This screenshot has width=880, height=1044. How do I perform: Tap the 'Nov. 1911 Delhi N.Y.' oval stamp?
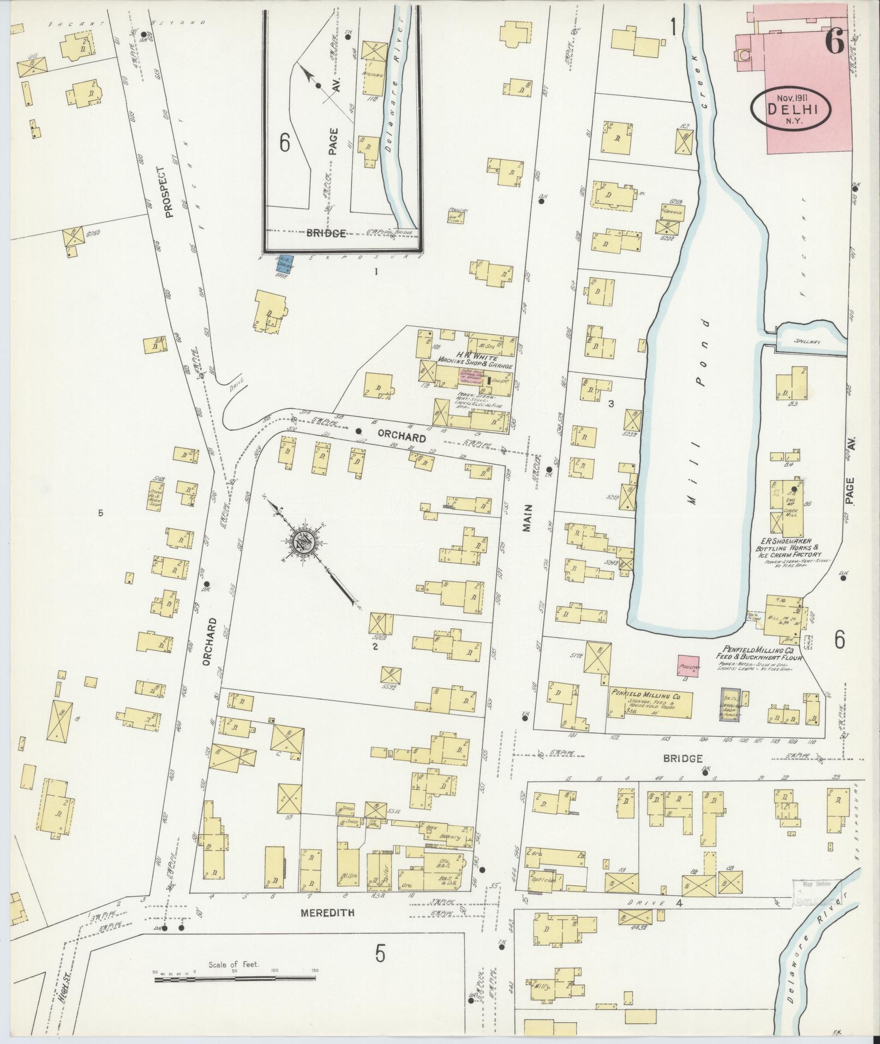point(791,109)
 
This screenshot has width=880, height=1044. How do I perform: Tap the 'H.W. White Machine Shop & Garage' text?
point(474,358)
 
